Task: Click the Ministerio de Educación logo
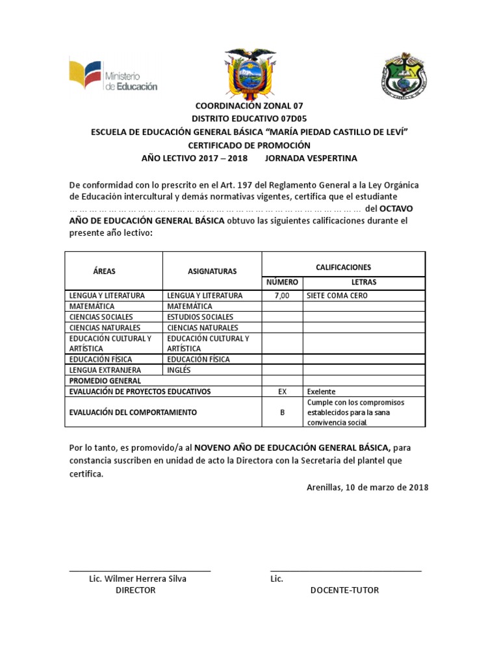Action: [113, 76]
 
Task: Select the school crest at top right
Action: [403, 74]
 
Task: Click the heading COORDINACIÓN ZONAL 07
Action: [249, 105]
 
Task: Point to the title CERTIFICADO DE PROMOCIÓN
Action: [249, 145]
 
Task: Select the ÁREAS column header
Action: [104, 271]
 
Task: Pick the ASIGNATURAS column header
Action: [212, 271]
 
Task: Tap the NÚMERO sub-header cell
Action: [282, 282]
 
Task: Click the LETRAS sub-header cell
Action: [364, 282]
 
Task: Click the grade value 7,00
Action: [282, 295]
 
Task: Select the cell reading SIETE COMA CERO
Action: [337, 295]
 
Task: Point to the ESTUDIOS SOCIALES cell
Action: [200, 317]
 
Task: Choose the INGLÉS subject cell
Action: [179, 370]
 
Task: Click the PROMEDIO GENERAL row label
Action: [105, 381]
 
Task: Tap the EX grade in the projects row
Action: [282, 392]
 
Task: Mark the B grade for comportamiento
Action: [282, 412]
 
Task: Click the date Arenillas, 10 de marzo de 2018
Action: [367, 487]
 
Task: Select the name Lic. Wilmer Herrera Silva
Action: [137, 579]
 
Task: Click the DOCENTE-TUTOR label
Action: [344, 590]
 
